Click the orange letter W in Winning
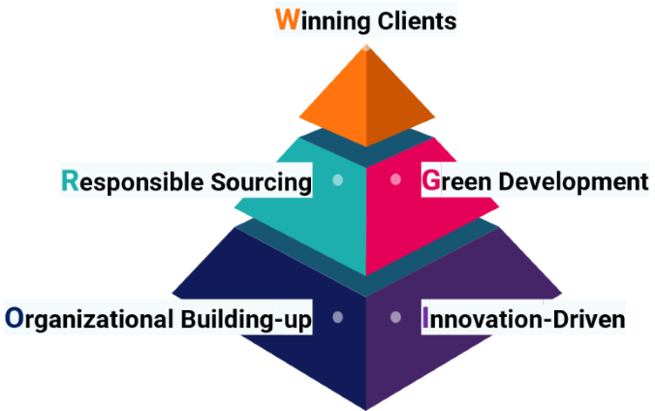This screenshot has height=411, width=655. (x=286, y=20)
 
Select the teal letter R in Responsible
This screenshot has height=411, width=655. (x=69, y=181)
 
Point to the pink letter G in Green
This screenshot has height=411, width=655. (x=430, y=181)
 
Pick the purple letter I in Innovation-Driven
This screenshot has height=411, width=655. (x=425, y=318)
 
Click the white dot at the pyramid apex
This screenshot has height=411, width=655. (x=365, y=44)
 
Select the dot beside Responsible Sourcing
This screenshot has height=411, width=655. (x=337, y=180)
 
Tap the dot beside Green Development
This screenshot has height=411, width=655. (x=394, y=180)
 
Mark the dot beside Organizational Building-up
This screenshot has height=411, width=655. (x=337, y=317)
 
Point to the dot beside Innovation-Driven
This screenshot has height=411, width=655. (x=394, y=317)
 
